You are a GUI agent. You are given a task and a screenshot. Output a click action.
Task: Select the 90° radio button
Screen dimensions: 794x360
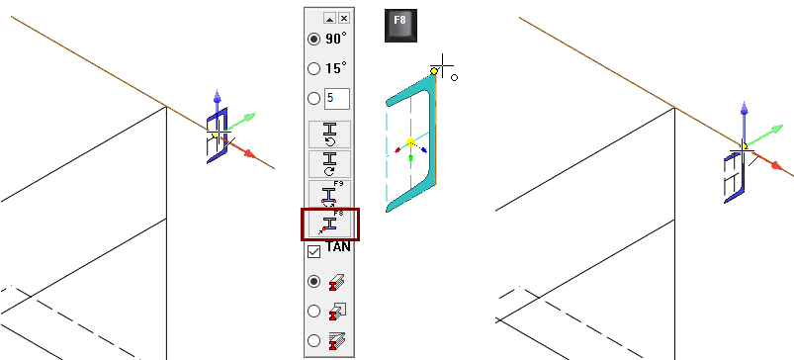pos(314,39)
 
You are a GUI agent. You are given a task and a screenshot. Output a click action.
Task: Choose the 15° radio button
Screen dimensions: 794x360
pos(314,68)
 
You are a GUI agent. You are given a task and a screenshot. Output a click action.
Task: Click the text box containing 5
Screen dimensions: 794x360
pos(337,98)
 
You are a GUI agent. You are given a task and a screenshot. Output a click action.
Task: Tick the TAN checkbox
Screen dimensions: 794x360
pos(314,251)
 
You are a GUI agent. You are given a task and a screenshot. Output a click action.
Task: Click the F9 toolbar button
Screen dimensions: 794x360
pos(329,194)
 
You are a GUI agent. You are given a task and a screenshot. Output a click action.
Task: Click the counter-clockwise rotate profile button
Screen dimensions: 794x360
pos(329,135)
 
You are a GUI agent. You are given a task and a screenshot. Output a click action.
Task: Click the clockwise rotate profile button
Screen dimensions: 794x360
pos(329,164)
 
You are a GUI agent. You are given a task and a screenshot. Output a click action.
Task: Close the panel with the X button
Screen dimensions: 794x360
pos(344,18)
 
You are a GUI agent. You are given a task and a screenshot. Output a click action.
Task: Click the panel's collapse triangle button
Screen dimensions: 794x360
pos(329,18)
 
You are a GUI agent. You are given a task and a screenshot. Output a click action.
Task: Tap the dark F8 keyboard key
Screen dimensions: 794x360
pos(400,26)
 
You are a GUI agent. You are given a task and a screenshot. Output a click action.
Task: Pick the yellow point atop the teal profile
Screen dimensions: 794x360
pos(434,71)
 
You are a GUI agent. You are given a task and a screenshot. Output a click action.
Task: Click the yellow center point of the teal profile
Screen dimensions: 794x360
pos(410,142)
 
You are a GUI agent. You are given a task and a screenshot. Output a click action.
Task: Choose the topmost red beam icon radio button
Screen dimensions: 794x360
pos(314,281)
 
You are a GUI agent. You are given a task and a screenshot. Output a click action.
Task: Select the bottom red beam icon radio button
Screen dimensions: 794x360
pos(314,340)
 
